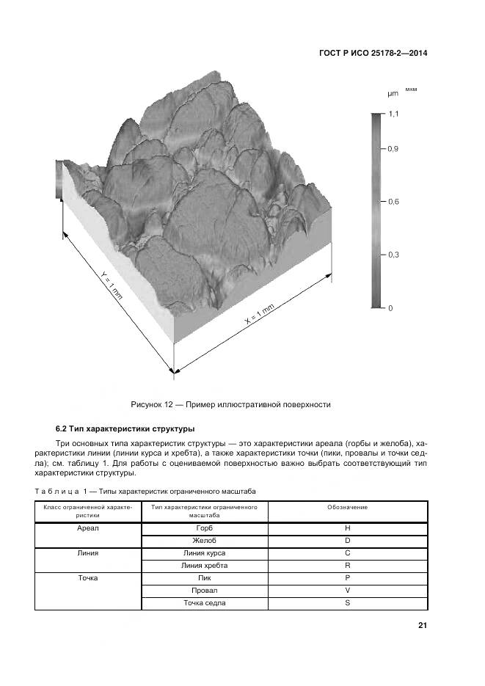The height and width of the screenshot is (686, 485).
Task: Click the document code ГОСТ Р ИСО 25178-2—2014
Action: (374, 53)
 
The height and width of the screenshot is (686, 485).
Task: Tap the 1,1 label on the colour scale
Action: (393, 114)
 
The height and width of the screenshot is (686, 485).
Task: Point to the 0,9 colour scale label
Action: (393, 148)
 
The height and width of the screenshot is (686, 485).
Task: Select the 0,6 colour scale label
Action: (393, 202)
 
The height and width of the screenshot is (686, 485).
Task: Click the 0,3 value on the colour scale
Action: (393, 255)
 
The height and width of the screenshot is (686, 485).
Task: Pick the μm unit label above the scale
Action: (393, 94)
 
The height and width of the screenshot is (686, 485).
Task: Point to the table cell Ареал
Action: (87, 528)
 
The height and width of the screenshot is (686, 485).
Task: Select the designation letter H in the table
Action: (347, 528)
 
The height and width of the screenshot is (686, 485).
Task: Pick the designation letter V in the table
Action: (347, 591)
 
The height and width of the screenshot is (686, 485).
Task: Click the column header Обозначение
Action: (347, 507)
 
